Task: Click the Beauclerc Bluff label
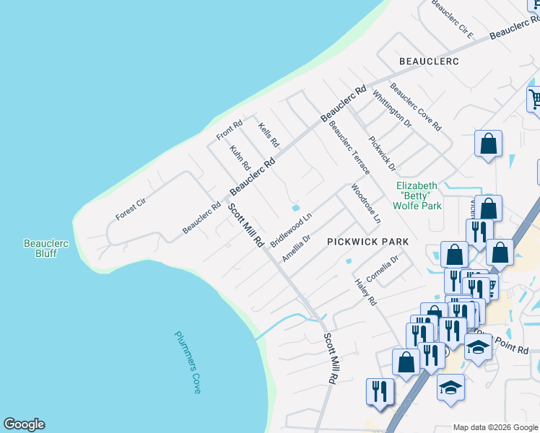click(46, 249)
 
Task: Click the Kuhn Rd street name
click(240, 158)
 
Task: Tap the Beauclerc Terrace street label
click(349, 147)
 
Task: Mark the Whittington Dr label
click(392, 109)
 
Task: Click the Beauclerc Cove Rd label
click(415, 107)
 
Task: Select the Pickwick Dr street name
click(382, 154)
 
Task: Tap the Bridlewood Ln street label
click(291, 229)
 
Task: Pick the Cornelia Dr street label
click(383, 269)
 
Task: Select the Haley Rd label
click(366, 291)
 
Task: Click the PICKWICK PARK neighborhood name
click(367, 242)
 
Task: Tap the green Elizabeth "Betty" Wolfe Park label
click(419, 196)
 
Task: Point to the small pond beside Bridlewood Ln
click(295, 208)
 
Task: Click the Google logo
click(24, 424)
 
